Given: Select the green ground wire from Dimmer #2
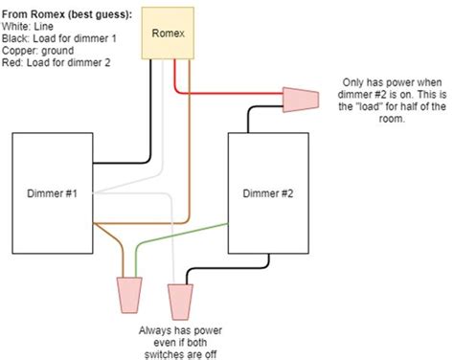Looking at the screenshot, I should [x=182, y=236].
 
